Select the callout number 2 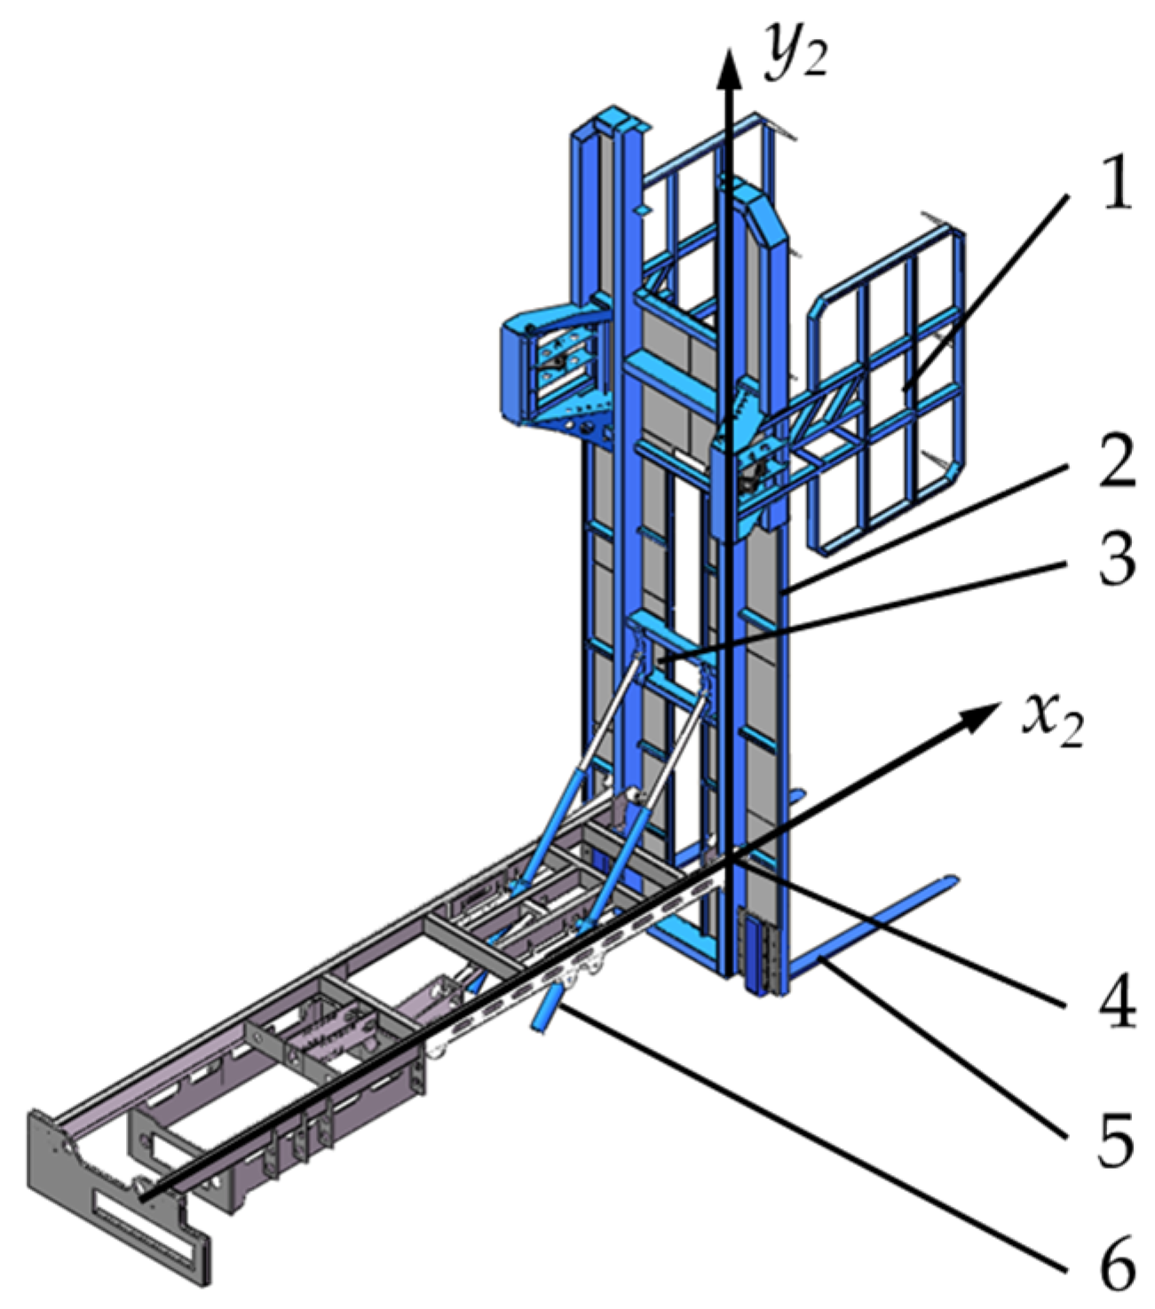pyautogui.click(x=1116, y=461)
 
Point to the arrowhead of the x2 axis pyautogui.click(x=977, y=716)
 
